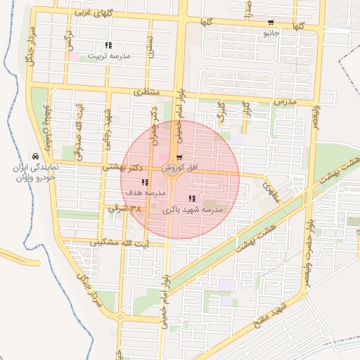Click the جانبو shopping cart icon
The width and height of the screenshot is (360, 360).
(271, 22)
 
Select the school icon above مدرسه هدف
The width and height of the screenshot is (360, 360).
(135, 182)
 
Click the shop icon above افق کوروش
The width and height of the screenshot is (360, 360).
(181, 157)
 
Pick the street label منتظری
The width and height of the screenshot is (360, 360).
(148, 93)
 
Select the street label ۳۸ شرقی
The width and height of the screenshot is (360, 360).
(125, 209)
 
